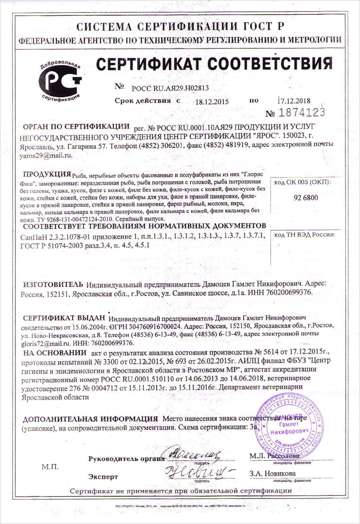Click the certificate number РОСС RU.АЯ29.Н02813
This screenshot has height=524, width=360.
[170, 88]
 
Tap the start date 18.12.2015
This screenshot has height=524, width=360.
[212, 102]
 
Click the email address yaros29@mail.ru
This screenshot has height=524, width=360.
[46, 156]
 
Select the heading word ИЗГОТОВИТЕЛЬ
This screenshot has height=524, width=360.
[51, 284]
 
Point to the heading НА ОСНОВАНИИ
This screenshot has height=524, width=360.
[55, 353]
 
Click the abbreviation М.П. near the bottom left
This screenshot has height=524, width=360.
[50, 467]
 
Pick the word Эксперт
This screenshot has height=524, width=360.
[103, 477]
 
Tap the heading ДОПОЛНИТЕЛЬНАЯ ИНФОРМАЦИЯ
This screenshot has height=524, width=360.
[90, 419]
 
